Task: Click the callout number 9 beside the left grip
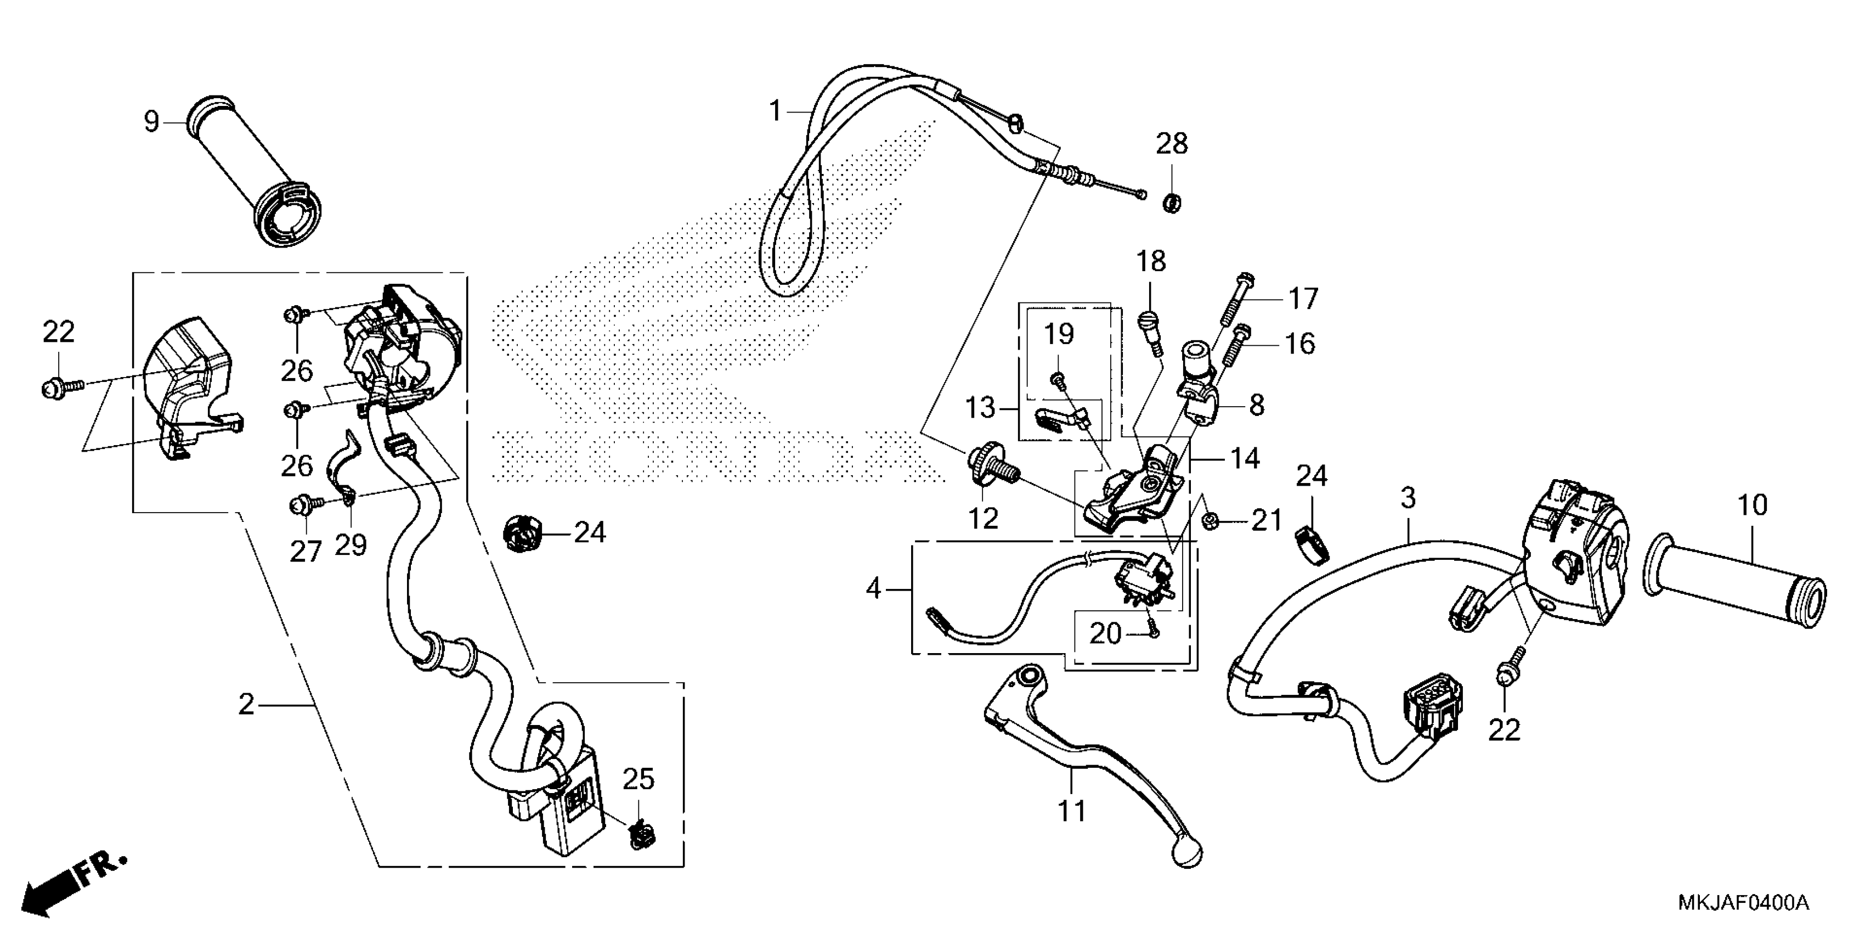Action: (x=151, y=122)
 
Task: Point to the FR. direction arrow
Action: (x=72, y=884)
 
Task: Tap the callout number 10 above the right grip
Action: (x=1752, y=505)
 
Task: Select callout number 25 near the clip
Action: (x=638, y=779)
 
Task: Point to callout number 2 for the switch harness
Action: (x=247, y=704)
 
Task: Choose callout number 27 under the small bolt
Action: (x=305, y=552)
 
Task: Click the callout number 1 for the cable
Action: (x=775, y=111)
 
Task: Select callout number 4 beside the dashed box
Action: (x=874, y=589)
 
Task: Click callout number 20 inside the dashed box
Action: (x=1105, y=634)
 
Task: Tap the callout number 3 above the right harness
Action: (x=1408, y=498)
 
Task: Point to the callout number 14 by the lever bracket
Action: (x=1245, y=458)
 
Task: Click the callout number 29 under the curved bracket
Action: (x=351, y=545)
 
